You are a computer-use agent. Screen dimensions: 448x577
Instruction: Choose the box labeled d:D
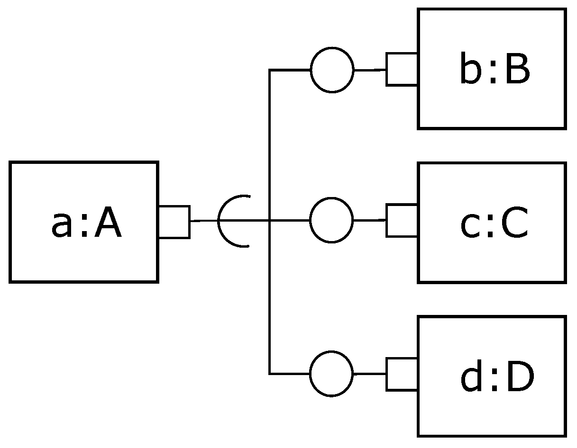pyautogui.click(x=492, y=412)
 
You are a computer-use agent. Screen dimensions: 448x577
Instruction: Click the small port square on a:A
pyautogui.click(x=174, y=222)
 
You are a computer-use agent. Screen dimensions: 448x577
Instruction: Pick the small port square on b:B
pyautogui.click(x=402, y=70)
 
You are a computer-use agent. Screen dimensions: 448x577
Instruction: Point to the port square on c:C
pyautogui.click(x=402, y=220)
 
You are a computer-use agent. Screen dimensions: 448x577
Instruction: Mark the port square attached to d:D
pyautogui.click(x=402, y=374)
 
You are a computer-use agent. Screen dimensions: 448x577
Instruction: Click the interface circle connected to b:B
pyautogui.click(x=332, y=70)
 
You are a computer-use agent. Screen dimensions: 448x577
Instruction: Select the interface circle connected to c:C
pyautogui.click(x=331, y=220)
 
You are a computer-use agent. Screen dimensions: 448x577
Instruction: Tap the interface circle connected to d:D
pyautogui.click(x=331, y=374)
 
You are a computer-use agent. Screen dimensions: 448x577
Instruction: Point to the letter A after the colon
pyautogui.click(x=108, y=225)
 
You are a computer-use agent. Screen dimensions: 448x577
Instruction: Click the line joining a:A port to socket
pyautogui.click(x=204, y=221)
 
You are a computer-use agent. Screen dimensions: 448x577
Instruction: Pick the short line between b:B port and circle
pyautogui.click(x=370, y=70)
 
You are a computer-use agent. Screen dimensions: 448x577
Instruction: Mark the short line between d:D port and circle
pyautogui.click(x=370, y=374)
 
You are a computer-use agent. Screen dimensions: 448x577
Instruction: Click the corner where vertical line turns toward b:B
pyautogui.click(x=270, y=70)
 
